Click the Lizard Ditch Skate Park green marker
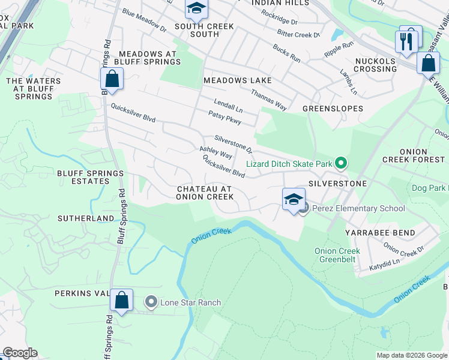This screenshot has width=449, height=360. (x=341, y=163)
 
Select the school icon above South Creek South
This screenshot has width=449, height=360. (x=196, y=8)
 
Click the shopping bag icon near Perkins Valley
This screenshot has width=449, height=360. (x=122, y=301)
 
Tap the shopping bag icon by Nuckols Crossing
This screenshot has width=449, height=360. (x=427, y=62)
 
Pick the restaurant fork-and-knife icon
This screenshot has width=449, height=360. (x=407, y=41)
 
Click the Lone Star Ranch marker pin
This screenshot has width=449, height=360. (x=151, y=302)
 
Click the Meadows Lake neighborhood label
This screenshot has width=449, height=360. (x=237, y=80)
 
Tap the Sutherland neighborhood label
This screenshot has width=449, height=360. (x=86, y=218)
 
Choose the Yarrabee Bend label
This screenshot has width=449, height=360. (x=376, y=232)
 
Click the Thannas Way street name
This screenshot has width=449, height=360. (x=268, y=99)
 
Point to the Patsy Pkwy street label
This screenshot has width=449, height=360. (x=224, y=118)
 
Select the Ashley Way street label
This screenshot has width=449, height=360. (x=216, y=152)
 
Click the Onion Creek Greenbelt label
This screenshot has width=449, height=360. (x=337, y=256)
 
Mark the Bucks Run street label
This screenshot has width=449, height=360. (x=286, y=53)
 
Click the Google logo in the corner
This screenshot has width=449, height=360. (x=20, y=353)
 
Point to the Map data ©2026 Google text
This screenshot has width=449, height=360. (x=411, y=355)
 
